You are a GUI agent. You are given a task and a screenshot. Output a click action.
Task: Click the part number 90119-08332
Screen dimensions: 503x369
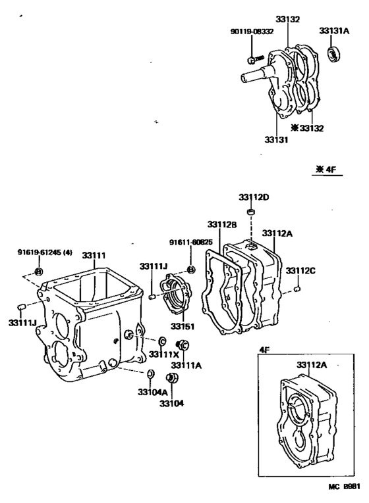tap(251, 32)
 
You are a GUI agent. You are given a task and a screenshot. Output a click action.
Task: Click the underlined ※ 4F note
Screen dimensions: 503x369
tap(326, 169)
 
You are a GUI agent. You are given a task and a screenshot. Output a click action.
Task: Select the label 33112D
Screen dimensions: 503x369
tap(254, 197)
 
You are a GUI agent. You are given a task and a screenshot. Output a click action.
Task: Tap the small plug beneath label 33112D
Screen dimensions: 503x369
tap(250, 212)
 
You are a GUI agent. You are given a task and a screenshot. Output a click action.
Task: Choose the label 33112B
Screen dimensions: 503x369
tap(222, 224)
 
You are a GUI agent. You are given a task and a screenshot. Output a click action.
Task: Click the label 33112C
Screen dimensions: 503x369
tap(300, 270)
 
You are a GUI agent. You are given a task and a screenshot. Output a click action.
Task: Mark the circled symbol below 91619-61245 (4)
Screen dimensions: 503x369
tap(38, 272)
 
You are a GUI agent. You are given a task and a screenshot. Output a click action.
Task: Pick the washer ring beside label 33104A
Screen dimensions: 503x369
tap(150, 374)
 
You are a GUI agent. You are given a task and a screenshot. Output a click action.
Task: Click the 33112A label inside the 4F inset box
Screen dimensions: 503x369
tap(312, 364)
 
